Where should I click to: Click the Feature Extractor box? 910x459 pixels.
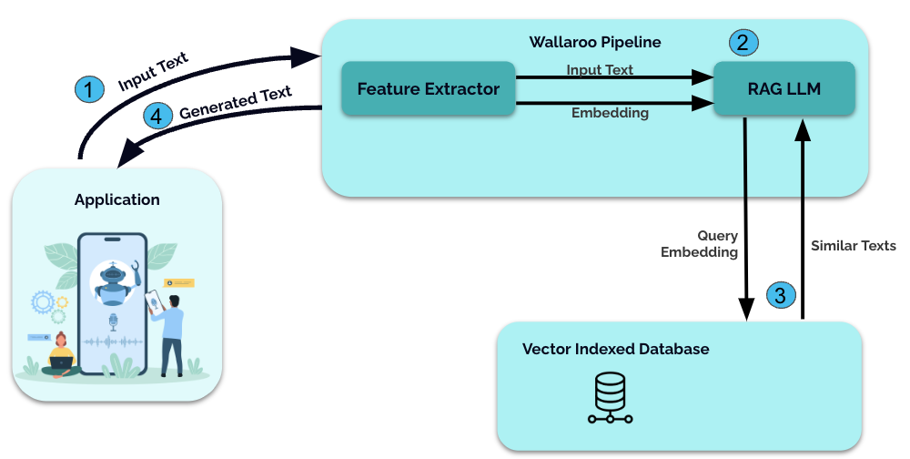point(428,89)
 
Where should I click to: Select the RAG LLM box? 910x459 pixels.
point(784,89)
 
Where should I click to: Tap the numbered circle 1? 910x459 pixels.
point(88,88)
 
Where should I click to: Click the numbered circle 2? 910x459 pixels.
point(743,42)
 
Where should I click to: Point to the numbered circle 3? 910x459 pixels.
point(781,295)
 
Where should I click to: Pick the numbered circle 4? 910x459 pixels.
point(158,116)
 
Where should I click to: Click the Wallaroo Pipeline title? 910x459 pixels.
point(595,42)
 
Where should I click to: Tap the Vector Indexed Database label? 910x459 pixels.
point(615,349)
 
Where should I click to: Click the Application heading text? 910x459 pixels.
point(117,199)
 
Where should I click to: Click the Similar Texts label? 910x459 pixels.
point(854,246)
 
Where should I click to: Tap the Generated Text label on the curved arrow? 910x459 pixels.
point(236,102)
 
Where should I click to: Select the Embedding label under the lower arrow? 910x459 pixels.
point(610,113)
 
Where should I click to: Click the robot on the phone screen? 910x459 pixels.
point(114,282)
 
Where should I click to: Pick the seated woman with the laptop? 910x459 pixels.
point(62,354)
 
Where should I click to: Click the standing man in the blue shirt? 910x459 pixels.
point(170,332)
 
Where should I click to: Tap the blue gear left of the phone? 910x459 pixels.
point(42,301)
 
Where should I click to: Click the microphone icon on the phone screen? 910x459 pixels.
point(113,321)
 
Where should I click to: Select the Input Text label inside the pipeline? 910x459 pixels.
point(600,69)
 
